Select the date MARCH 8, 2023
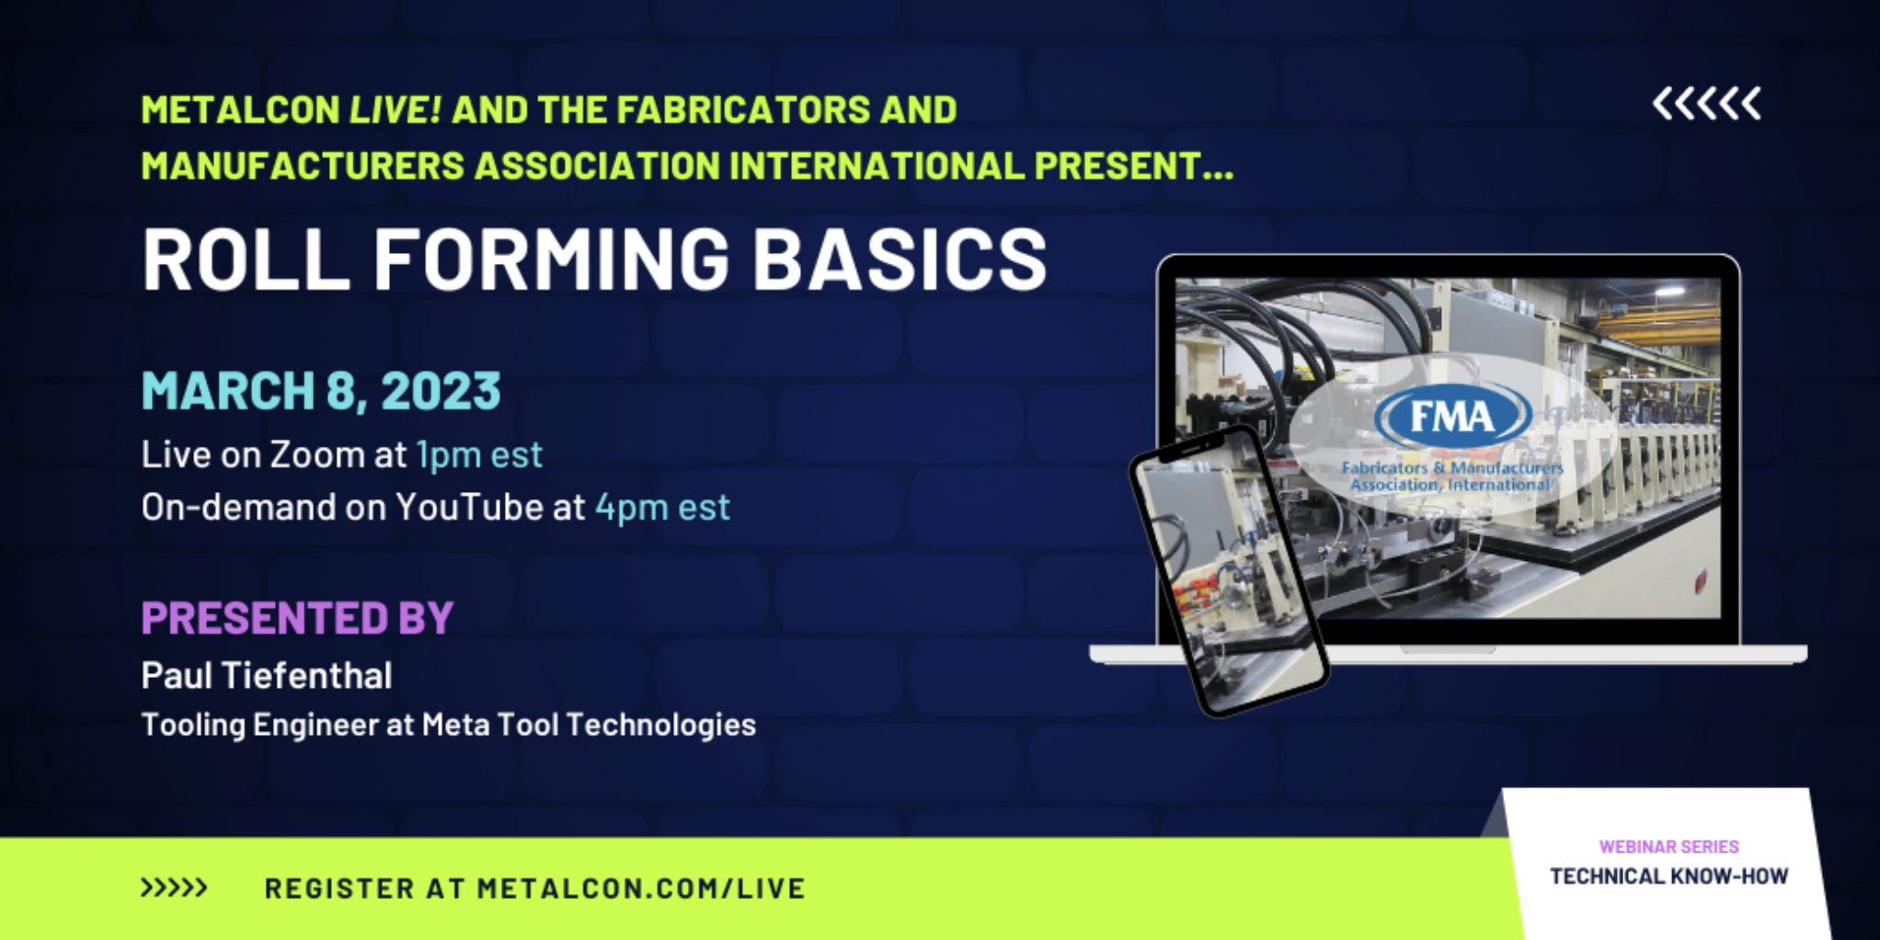point(321,391)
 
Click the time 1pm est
point(479,454)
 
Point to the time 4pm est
point(662,507)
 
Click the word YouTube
point(469,507)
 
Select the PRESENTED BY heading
point(298,617)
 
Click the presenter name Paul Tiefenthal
point(267,675)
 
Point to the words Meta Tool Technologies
point(589,725)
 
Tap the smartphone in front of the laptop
point(1229,571)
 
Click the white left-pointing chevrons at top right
point(1707,103)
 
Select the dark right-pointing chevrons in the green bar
point(174,888)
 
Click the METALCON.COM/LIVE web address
point(641,888)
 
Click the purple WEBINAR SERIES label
point(1669,846)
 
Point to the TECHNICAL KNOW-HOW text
point(1669,876)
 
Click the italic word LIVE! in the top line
point(395,110)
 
